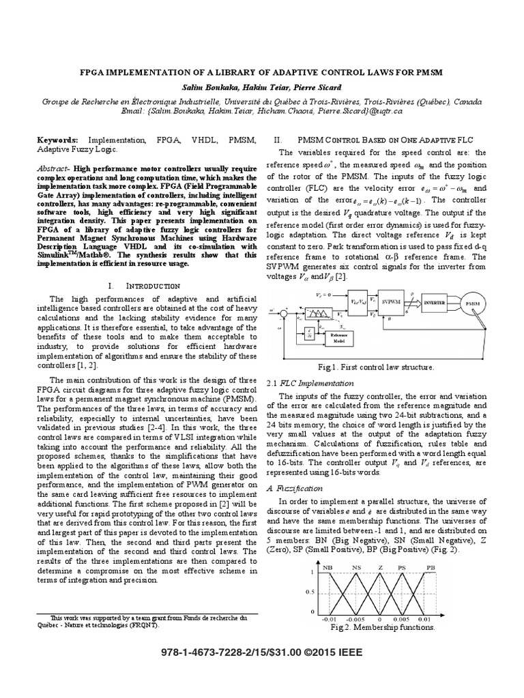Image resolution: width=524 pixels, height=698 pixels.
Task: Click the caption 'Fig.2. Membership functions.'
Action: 382,628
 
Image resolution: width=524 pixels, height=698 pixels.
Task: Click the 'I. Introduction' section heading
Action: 148,266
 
